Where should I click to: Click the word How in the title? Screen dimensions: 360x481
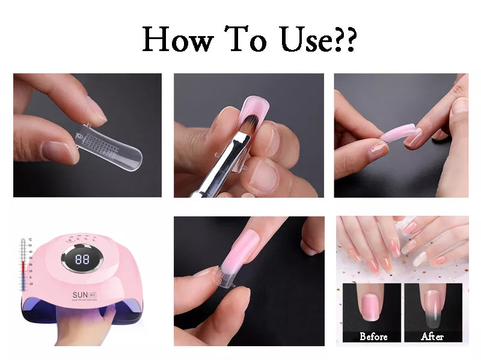pyautogui.click(x=178, y=40)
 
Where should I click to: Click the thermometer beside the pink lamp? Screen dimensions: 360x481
pyautogui.click(x=23, y=265)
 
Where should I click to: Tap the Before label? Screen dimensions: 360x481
pyautogui.click(x=373, y=336)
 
